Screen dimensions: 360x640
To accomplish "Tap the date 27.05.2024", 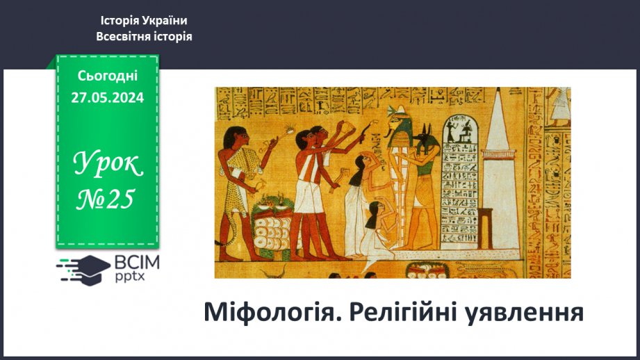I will tap(107, 97).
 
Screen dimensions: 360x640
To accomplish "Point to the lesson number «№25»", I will tap(107, 199).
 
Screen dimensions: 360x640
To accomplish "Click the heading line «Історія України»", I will tap(144, 21).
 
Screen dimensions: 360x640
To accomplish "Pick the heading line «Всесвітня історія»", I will tap(144, 36).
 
